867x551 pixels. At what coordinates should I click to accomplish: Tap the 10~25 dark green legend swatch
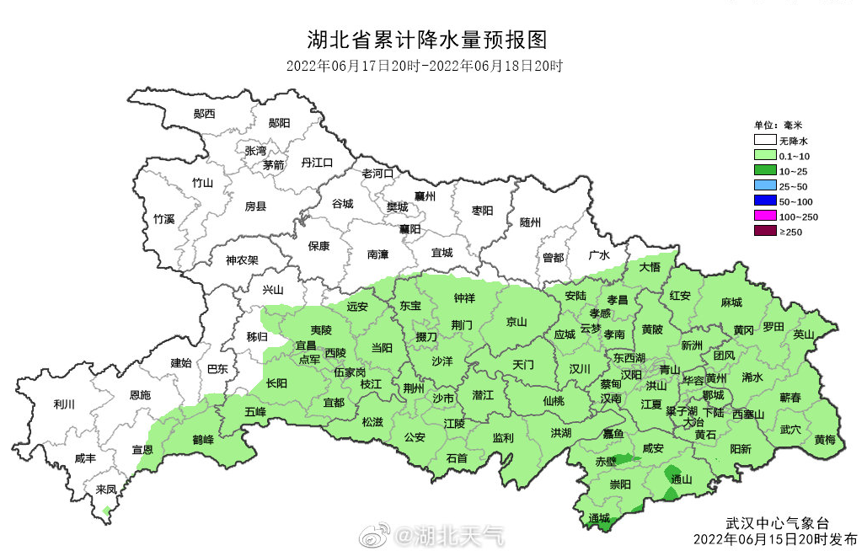point(764,171)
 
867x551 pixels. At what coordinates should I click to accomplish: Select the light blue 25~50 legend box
point(764,186)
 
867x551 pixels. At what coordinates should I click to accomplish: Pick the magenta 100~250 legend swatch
point(764,217)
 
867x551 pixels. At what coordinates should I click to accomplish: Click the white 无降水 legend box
point(764,141)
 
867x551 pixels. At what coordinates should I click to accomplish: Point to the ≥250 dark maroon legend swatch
point(764,232)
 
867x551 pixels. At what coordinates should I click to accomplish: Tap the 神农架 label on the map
point(242,260)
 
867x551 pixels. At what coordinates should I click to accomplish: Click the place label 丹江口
point(317,163)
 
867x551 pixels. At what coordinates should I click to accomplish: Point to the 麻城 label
point(731,302)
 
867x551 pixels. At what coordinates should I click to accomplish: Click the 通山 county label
point(681,479)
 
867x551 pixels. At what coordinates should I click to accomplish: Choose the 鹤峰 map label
point(203,441)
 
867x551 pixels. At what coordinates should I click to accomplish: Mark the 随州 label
point(530,222)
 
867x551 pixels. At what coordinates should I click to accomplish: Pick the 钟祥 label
point(464,298)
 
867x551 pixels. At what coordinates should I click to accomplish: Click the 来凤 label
point(106,489)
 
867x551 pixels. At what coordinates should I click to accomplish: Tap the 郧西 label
point(204,114)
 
